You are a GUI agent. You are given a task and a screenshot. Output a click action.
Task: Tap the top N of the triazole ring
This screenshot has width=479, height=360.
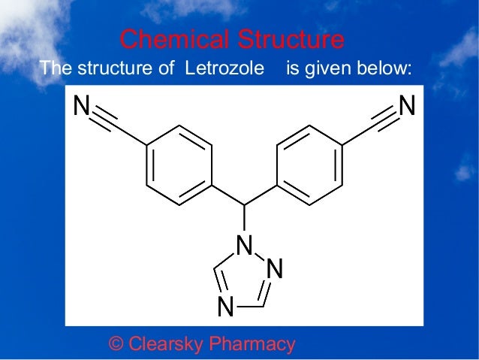pos(243,244)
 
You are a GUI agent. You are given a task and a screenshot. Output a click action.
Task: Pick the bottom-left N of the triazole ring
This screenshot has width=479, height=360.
pos(224,307)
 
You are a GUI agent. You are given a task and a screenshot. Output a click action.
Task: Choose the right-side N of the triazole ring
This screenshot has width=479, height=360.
pos(275,268)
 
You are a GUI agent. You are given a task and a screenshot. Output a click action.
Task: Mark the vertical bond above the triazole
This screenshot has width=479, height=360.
pos(245,219)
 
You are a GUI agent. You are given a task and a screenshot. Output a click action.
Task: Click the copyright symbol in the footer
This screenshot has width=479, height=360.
pos(116,344)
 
